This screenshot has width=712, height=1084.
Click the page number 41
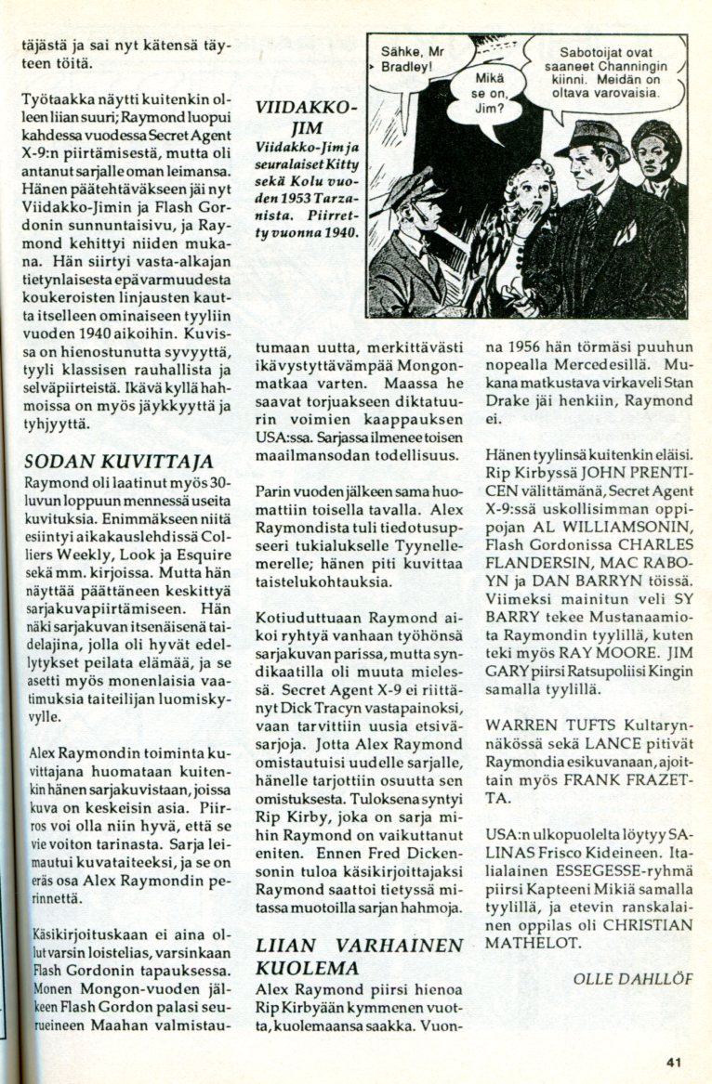click(x=675, y=1064)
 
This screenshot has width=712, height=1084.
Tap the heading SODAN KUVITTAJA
click(x=118, y=462)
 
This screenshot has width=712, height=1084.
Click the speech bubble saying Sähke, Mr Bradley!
click(x=415, y=60)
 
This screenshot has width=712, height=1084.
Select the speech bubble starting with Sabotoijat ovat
click(x=605, y=73)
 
